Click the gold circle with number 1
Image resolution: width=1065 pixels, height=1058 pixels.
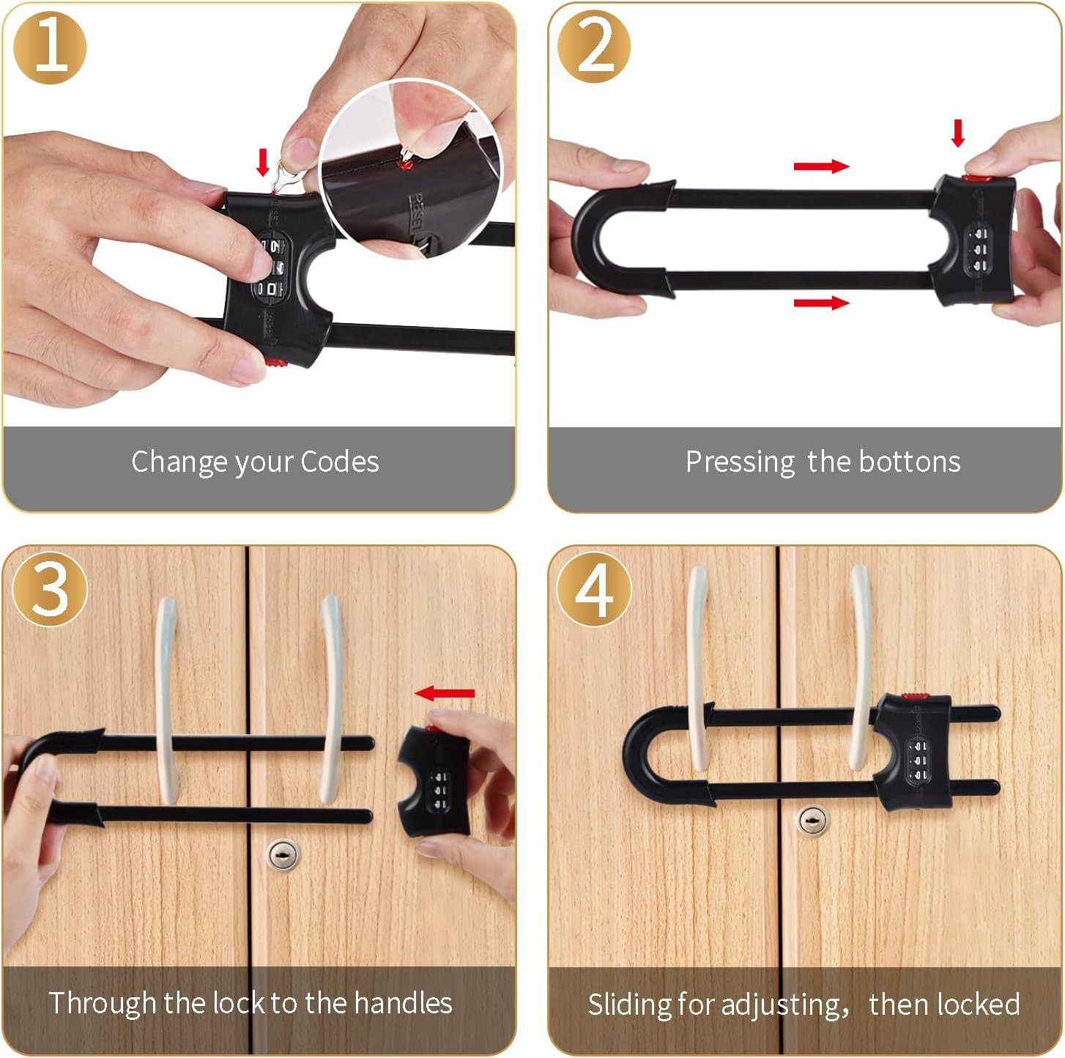(x=50, y=48)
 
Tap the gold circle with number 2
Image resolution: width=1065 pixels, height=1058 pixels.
(x=594, y=46)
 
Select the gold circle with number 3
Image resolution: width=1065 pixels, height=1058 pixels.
(x=50, y=588)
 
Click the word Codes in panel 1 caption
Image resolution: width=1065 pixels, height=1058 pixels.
(x=340, y=462)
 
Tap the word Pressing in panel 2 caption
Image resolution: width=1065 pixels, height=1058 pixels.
(x=740, y=462)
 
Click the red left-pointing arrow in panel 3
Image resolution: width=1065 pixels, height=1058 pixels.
(x=445, y=693)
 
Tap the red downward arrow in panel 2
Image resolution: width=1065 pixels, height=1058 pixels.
(x=958, y=133)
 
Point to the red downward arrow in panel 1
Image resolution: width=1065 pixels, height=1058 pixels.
(x=263, y=162)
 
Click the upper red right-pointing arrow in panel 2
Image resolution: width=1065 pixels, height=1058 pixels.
(x=821, y=166)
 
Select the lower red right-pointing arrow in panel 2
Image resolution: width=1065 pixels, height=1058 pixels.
(x=821, y=302)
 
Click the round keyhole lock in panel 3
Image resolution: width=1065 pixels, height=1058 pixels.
(x=283, y=855)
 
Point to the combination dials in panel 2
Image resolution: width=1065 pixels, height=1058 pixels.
(x=979, y=249)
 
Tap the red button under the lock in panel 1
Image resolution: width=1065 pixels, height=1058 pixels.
(x=275, y=363)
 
